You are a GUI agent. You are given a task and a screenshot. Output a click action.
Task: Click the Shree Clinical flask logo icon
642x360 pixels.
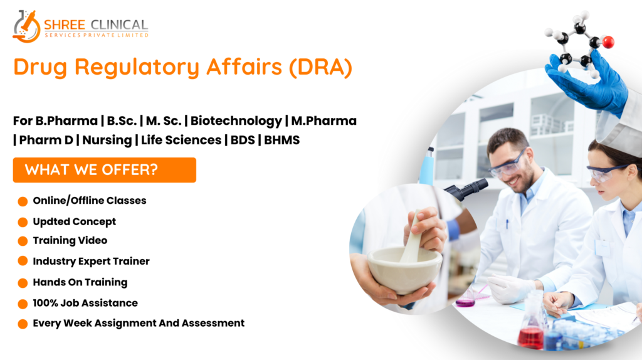click(x=26, y=26)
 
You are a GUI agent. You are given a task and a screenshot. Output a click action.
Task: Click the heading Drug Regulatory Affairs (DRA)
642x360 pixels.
click(x=182, y=66)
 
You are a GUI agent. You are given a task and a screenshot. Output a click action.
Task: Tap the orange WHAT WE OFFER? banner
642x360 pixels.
click(x=105, y=170)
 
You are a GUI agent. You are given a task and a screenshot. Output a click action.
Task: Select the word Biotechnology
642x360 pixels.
click(x=236, y=121)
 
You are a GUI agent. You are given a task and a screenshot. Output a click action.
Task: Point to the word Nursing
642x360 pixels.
click(x=107, y=140)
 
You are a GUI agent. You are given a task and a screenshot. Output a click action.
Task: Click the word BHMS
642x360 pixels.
click(x=282, y=140)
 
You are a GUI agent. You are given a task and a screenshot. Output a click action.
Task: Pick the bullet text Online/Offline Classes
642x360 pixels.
click(x=90, y=201)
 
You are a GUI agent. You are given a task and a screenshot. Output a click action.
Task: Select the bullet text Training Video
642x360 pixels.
click(x=70, y=240)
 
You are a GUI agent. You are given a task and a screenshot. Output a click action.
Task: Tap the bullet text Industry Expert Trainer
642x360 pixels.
click(x=92, y=262)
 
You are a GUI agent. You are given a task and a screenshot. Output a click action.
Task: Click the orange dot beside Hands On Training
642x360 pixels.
click(x=23, y=283)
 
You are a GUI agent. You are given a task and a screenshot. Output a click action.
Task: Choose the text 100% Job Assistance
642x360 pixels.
click(x=85, y=303)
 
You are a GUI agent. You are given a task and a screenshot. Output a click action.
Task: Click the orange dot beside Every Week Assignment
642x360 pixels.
click(x=23, y=324)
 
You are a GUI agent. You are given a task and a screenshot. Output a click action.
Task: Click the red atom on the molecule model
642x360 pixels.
click(x=608, y=42)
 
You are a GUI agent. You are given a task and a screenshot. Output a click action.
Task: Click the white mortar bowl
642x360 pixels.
click(x=404, y=270)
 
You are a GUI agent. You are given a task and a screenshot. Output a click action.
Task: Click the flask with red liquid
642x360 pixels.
click(x=532, y=327)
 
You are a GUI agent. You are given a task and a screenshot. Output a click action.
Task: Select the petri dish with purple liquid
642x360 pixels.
click(x=465, y=302)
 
